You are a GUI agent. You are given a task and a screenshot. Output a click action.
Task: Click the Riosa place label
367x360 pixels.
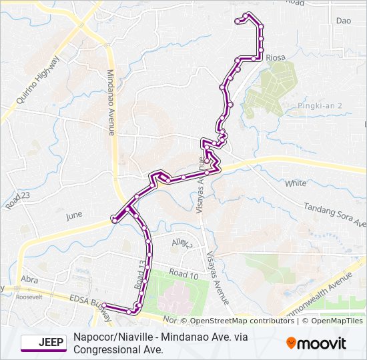tap(276, 58)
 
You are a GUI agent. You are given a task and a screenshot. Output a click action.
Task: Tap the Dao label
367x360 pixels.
tap(344, 21)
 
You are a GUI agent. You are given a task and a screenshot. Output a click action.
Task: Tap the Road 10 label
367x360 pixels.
tap(184, 274)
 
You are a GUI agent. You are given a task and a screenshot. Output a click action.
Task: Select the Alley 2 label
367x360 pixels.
tap(181, 245)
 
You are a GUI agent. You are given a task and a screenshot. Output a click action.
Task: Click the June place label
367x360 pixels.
tap(73, 216)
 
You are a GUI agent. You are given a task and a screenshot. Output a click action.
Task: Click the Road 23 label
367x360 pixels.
tap(18, 200)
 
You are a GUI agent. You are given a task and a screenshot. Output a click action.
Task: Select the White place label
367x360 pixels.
tap(296, 183)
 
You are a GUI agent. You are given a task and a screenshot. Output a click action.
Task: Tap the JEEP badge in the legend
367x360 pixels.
tap(44, 343)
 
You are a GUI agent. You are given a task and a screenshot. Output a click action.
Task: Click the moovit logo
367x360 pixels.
tap(316, 343)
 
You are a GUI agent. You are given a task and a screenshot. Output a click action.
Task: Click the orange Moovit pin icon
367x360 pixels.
tap(292, 343)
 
